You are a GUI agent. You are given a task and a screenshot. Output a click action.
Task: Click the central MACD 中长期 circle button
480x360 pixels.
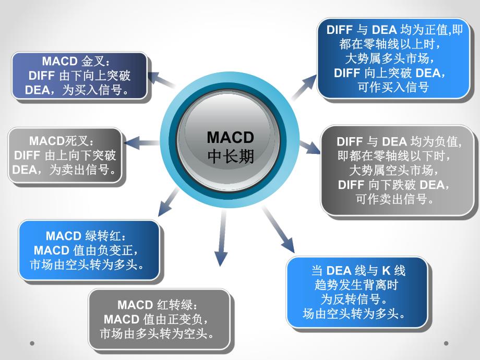231,147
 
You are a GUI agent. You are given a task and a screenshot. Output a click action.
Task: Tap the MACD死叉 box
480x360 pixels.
65,155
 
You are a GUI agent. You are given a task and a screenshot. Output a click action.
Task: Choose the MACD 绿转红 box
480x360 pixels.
88,250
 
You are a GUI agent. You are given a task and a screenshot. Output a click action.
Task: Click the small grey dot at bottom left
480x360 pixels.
32,343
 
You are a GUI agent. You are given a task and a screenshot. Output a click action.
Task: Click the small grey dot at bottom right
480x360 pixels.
446,343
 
